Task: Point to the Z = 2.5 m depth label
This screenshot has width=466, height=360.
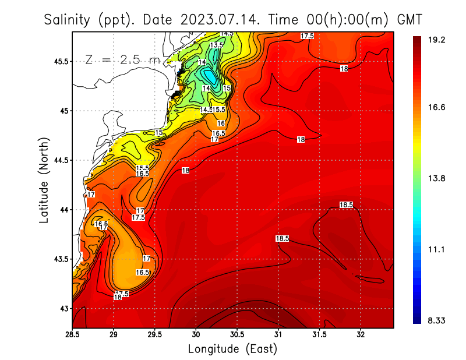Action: (x=122, y=59)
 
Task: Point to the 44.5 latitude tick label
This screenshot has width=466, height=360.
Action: (x=58, y=160)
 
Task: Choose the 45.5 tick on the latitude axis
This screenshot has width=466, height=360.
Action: (x=58, y=61)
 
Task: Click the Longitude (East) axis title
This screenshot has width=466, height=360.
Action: (x=232, y=349)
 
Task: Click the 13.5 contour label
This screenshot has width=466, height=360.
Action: (x=216, y=45)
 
